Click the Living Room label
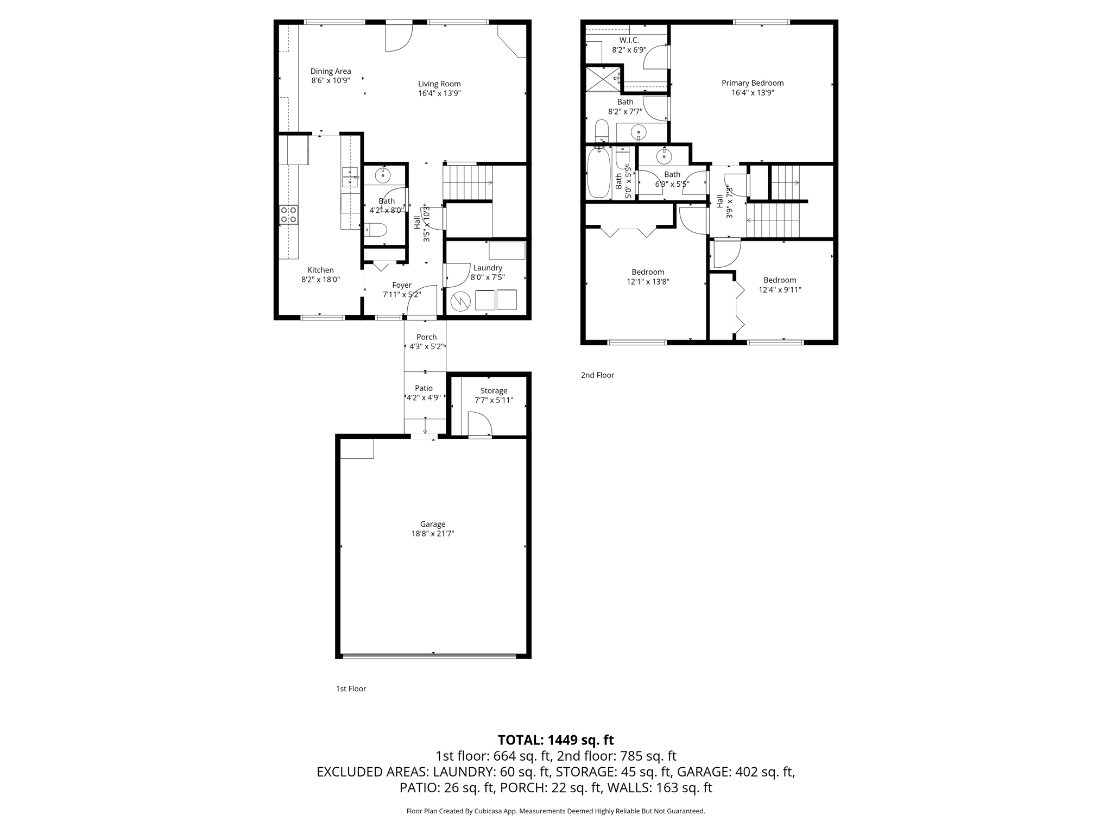tap(439, 84)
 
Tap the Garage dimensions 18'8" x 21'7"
tap(432, 534)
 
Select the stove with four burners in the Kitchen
tap(289, 214)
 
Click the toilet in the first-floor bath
tap(375, 230)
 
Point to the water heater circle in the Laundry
tap(460, 300)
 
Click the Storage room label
tap(494, 391)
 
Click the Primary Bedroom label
tap(752, 83)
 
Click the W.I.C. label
tap(629, 40)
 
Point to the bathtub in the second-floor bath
tap(598, 174)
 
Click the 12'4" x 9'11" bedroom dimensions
tap(780, 290)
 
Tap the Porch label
tap(426, 337)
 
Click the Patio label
tap(424, 388)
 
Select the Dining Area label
tap(330, 71)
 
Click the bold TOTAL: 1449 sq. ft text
tap(555, 740)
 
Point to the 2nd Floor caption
tap(597, 375)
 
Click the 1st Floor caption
tap(351, 688)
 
